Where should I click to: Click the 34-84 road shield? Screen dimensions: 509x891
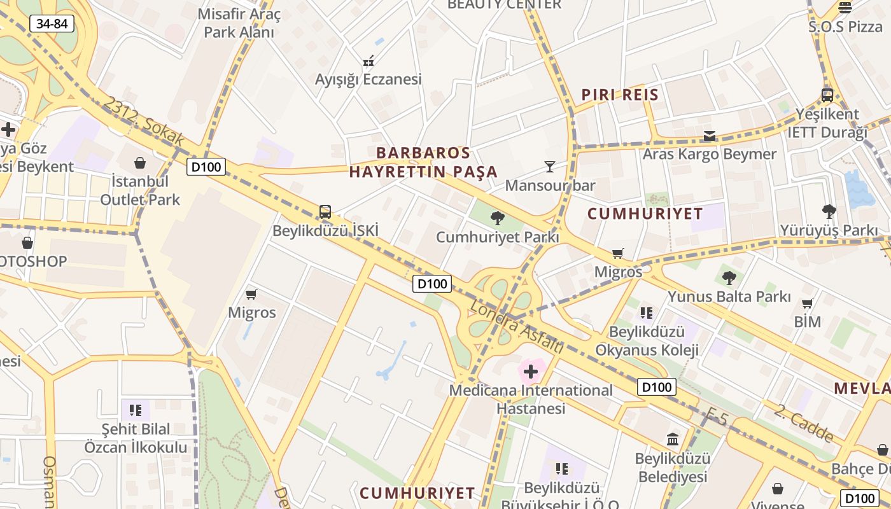[x=52, y=24]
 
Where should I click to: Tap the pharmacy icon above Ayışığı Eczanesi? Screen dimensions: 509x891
[x=368, y=61]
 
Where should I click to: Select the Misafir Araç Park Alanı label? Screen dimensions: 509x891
[x=239, y=23]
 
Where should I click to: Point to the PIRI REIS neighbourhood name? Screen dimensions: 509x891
[x=620, y=95]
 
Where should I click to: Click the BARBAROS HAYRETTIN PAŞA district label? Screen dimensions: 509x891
[x=423, y=162]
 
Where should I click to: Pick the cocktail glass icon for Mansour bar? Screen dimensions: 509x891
[x=550, y=167]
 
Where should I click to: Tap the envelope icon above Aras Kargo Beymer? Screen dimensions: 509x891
[x=709, y=136]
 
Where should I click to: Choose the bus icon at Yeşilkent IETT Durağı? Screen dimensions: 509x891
[x=827, y=95]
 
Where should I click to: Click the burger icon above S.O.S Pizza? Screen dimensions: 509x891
[x=845, y=8]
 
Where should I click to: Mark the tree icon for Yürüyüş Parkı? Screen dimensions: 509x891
[x=829, y=211]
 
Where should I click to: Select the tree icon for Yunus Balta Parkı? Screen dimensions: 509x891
[x=729, y=277]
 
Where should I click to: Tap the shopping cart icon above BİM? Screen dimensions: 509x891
[x=808, y=303]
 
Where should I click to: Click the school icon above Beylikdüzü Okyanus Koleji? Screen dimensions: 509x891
[x=647, y=312]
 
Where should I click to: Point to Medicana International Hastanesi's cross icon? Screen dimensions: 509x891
[x=531, y=371]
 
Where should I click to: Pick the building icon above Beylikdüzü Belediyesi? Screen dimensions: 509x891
[x=673, y=439]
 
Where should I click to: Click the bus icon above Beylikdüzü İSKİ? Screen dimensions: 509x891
[x=325, y=211]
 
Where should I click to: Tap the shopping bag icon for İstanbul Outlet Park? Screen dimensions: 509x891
[x=140, y=163]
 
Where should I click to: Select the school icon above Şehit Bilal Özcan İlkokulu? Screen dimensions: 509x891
[x=135, y=410]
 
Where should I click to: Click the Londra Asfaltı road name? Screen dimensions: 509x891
[x=517, y=327]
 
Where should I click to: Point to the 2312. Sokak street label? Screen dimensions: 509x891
[x=144, y=121]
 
